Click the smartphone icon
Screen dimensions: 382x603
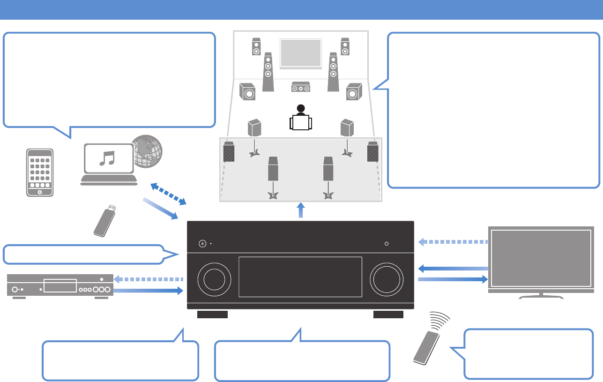(39, 172)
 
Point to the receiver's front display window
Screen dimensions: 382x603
(300, 277)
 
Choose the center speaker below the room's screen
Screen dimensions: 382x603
(301, 87)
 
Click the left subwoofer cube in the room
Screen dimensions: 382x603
(247, 92)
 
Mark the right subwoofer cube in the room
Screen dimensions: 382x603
(354, 92)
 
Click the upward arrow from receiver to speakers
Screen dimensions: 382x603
(301, 210)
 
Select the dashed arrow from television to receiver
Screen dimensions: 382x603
(452, 242)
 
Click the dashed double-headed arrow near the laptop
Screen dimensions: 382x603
(169, 194)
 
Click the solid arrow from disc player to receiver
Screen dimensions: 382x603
(148, 291)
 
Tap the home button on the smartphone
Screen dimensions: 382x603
(39, 192)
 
